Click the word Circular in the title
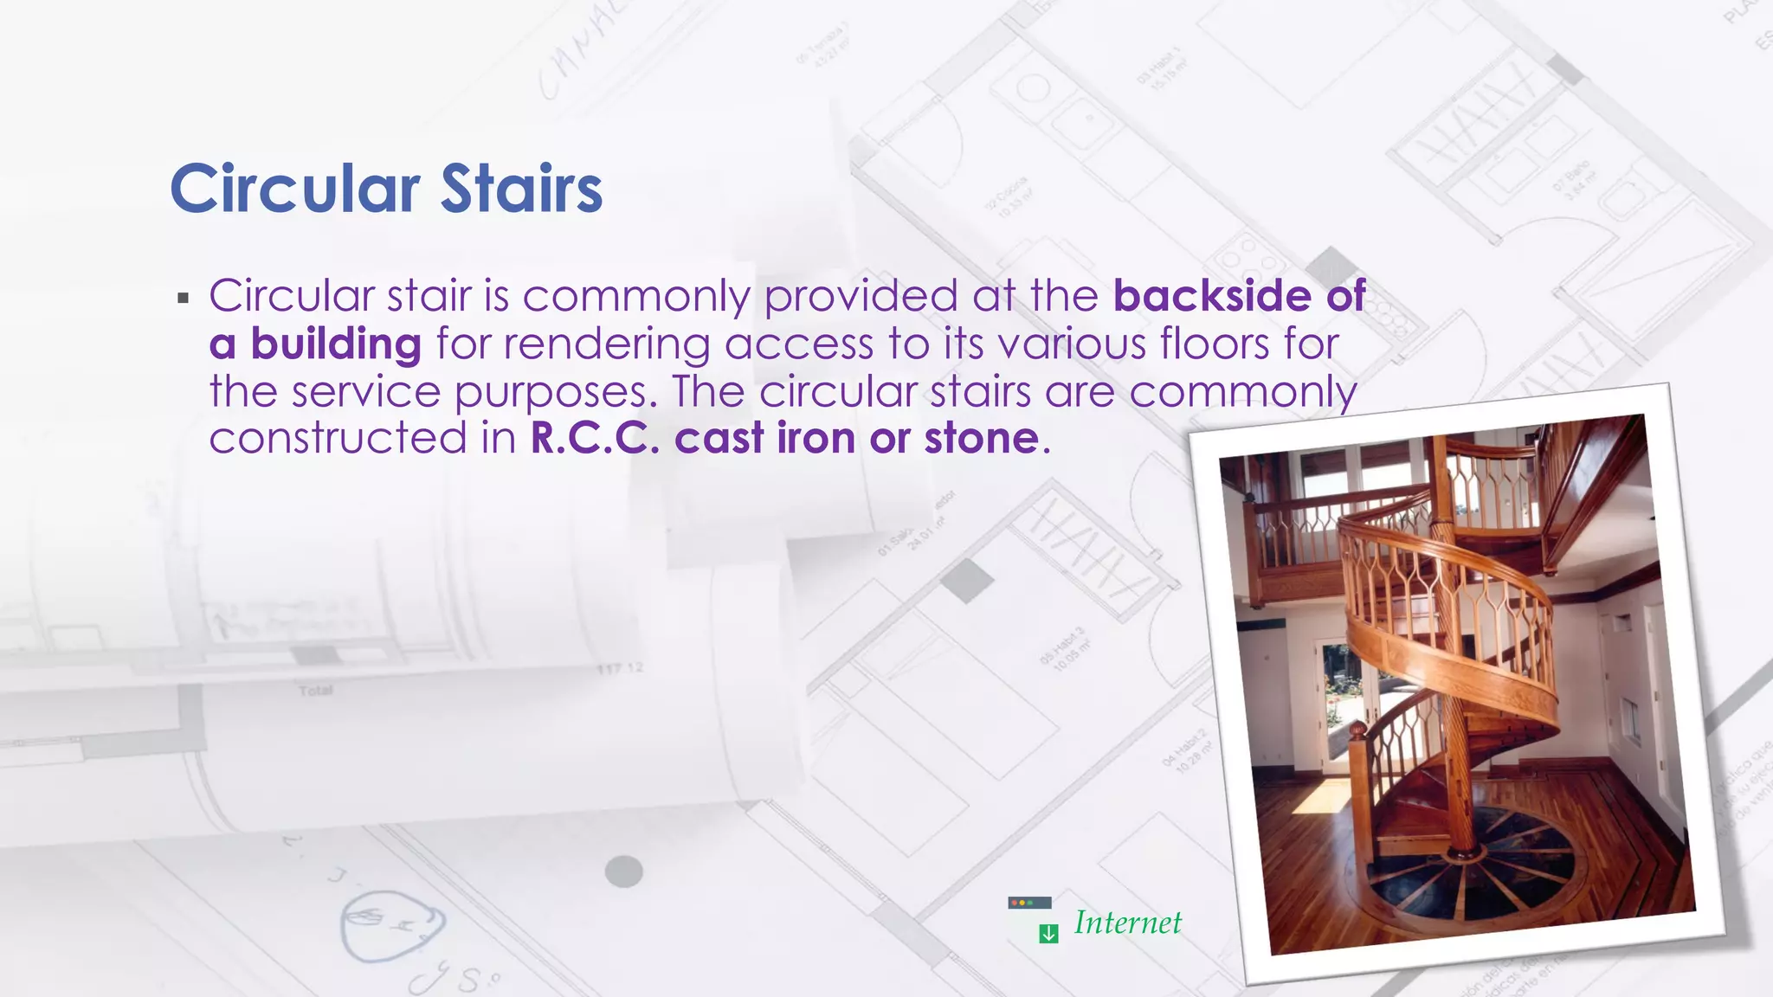pos(294,189)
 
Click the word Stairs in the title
pos(521,189)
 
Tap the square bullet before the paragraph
pos(183,299)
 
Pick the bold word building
pos(336,344)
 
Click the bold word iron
pos(816,438)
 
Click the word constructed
pos(338,438)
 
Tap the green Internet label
pos(1127,923)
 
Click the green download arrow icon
pos(1048,934)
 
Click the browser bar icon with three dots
pos(1029,903)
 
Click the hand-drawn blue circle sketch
pos(392,926)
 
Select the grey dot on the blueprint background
pos(623,872)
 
